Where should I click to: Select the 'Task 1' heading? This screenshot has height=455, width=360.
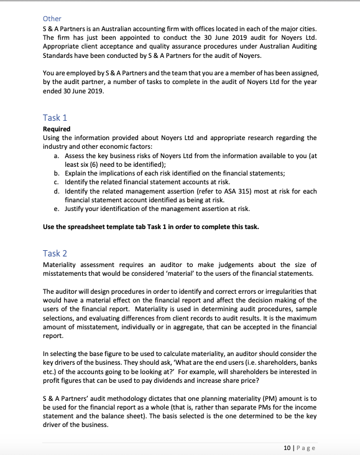click(55, 117)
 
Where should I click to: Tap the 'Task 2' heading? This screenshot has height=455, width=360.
click(55, 253)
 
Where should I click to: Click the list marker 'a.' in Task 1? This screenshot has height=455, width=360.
click(58, 155)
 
